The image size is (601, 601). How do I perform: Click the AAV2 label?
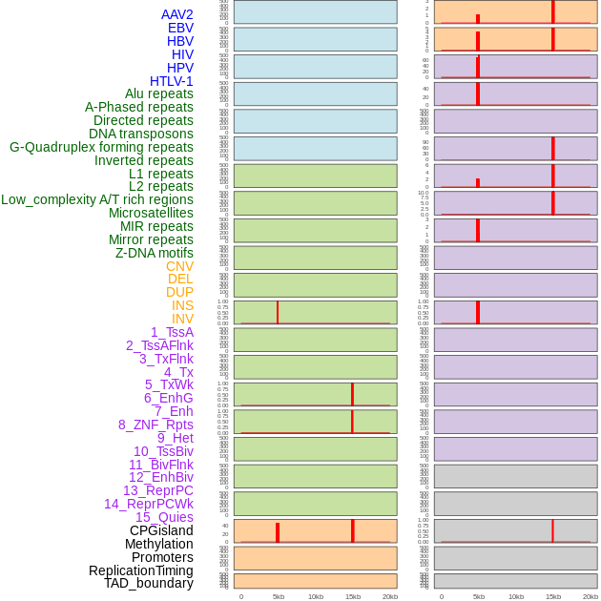click(177, 14)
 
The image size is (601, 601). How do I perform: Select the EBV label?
click(180, 28)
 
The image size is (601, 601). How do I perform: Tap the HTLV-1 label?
click(172, 81)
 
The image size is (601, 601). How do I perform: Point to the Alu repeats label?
click(159, 93)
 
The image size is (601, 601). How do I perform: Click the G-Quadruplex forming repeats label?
click(101, 147)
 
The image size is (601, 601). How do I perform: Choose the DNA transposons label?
click(141, 134)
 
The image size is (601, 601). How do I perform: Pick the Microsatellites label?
click(151, 213)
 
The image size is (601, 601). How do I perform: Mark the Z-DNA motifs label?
click(155, 253)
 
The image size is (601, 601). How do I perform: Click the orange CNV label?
click(179, 266)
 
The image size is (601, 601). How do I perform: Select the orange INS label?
click(182, 305)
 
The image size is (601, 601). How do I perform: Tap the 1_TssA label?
click(172, 332)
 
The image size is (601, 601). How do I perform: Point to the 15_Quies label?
click(164, 517)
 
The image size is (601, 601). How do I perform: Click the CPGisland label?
click(161, 530)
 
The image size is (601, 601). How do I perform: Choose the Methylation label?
click(159, 544)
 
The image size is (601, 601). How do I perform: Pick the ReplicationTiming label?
click(141, 570)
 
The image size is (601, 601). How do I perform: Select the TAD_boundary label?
click(149, 583)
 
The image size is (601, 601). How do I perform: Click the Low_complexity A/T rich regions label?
click(97, 199)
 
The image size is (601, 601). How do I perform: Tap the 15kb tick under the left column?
click(352, 596)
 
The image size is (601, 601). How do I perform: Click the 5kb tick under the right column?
click(478, 596)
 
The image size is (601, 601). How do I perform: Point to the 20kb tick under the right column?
click(590, 596)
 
